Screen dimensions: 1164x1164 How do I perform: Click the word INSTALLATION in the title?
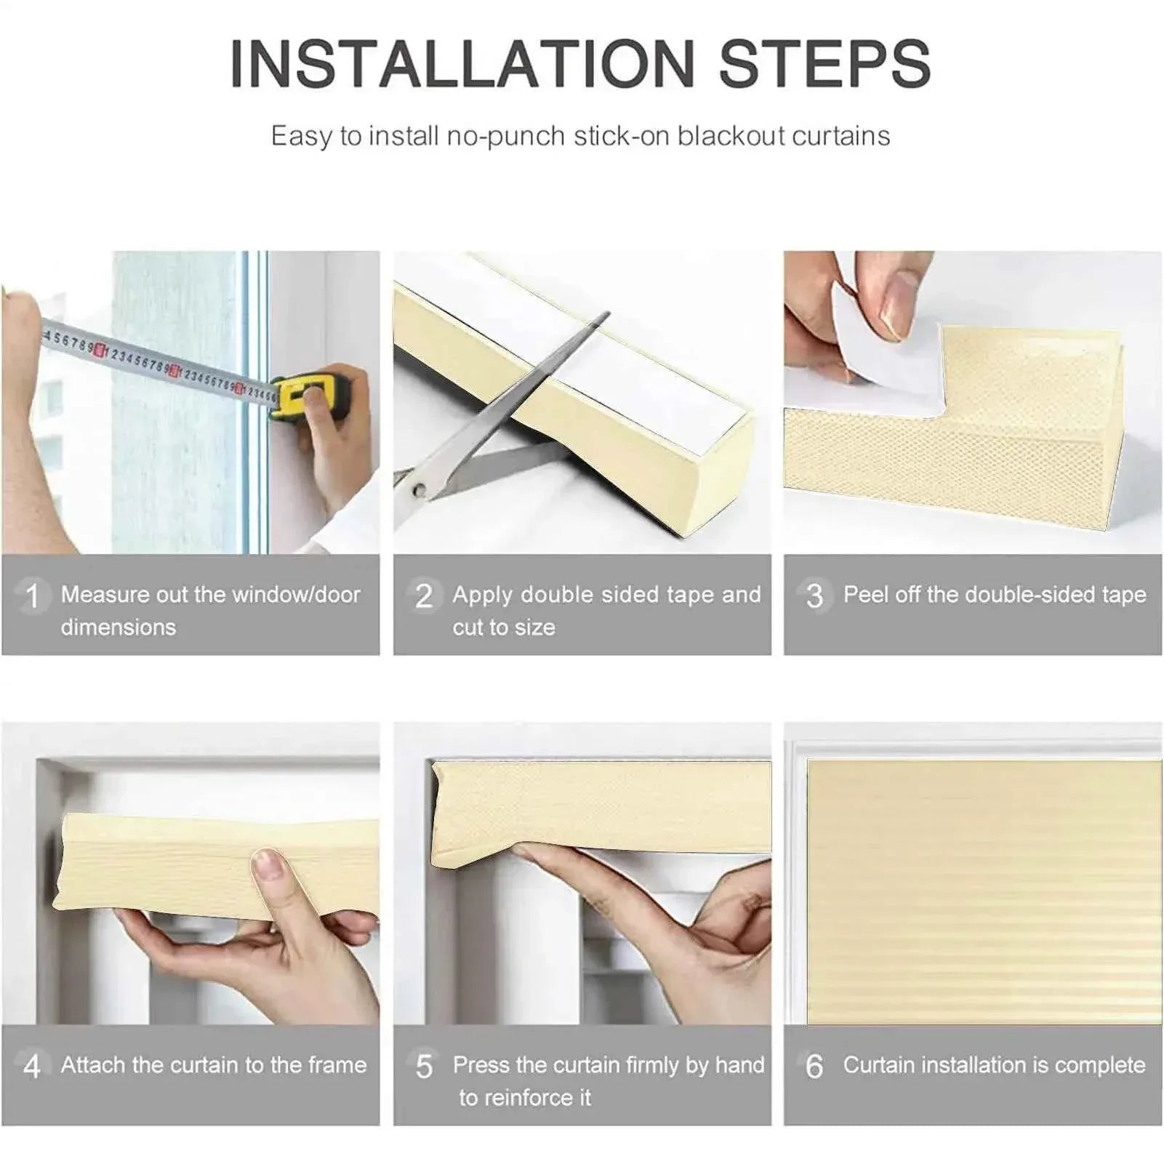(x=463, y=64)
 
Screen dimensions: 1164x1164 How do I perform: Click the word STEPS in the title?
(x=825, y=64)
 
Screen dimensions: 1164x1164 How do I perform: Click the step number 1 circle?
(x=32, y=596)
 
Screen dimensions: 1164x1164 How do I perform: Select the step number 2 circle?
(x=424, y=596)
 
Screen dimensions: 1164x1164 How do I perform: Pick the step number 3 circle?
(x=814, y=596)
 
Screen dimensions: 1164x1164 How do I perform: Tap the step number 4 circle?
(x=32, y=1067)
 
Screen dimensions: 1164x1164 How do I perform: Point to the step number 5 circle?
(x=424, y=1067)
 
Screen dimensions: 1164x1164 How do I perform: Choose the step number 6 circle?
(x=814, y=1067)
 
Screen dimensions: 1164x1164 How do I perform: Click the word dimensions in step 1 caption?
(x=119, y=627)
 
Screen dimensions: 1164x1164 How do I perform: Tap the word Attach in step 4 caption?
(x=93, y=1065)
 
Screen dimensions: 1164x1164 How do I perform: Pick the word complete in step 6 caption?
(x=1100, y=1066)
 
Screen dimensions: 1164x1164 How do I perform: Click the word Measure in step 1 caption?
(x=105, y=595)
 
